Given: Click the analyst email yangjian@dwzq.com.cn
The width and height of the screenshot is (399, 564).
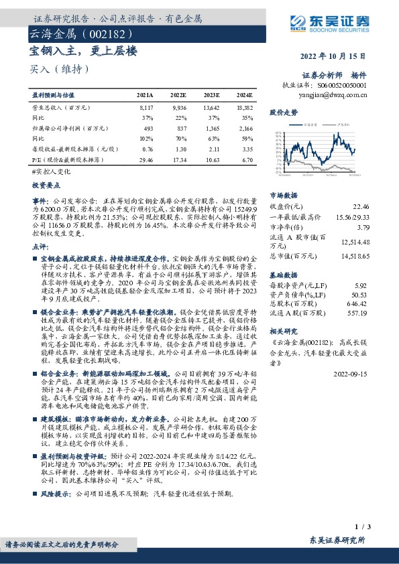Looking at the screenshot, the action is (334, 95).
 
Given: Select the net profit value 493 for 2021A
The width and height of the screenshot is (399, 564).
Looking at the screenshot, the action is (149, 128).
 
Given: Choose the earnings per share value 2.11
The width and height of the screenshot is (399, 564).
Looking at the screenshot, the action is (212, 149).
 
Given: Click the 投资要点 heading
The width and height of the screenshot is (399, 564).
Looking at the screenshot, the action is (46, 182).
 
